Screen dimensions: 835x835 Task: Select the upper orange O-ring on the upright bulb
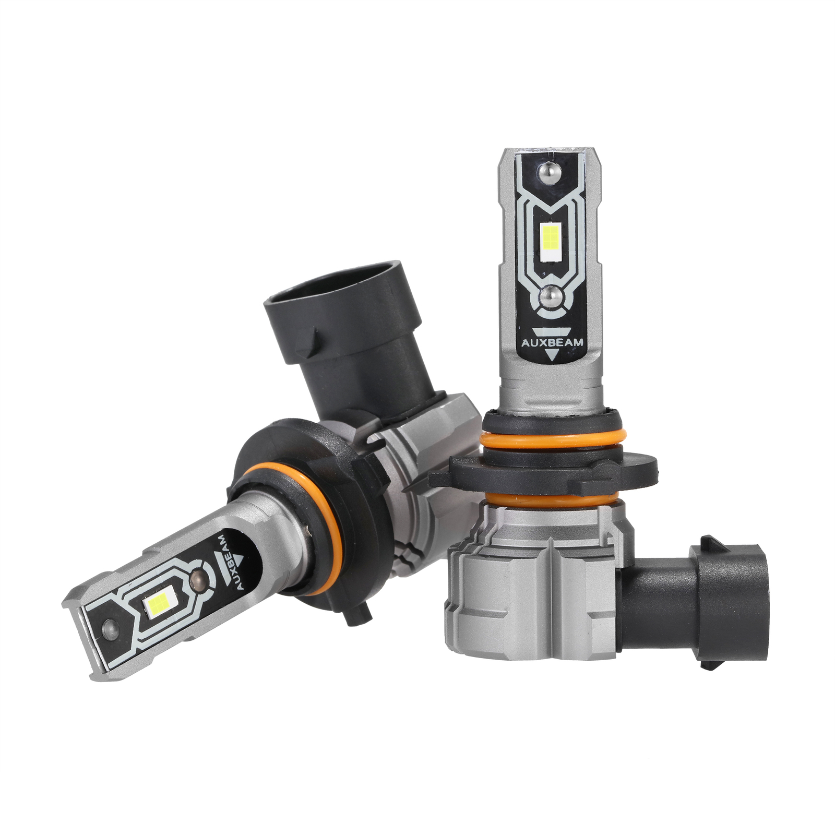[553, 439]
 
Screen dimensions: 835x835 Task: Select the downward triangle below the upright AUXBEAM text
[552, 355]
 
